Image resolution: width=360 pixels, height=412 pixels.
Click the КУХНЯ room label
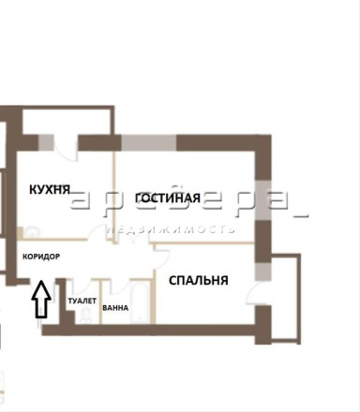click(50, 189)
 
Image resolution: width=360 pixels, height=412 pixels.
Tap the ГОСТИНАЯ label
click(168, 198)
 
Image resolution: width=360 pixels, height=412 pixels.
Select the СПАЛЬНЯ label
click(199, 280)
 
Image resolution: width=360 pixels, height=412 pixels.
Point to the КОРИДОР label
click(41, 257)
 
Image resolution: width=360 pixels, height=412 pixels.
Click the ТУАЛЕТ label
click(82, 301)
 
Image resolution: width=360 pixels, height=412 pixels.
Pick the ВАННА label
click(115, 308)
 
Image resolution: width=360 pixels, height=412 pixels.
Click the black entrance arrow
click(41, 300)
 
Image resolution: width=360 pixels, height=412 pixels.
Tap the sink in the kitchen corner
click(31, 232)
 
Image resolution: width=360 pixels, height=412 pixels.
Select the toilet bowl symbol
click(84, 315)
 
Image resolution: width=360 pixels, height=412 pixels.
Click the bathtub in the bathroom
click(141, 302)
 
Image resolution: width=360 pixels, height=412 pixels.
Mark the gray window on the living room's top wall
click(149, 143)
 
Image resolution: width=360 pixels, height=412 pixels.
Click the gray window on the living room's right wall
click(263, 200)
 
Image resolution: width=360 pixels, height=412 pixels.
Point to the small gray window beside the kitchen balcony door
click(46, 143)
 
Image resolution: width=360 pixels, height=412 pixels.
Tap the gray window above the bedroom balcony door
click(263, 272)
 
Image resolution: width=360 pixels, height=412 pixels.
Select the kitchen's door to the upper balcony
click(66, 148)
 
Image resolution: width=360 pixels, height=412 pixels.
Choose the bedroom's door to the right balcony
click(254, 293)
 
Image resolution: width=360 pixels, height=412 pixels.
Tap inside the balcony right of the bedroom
click(284, 297)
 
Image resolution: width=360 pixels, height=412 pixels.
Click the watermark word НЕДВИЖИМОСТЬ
click(171, 229)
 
